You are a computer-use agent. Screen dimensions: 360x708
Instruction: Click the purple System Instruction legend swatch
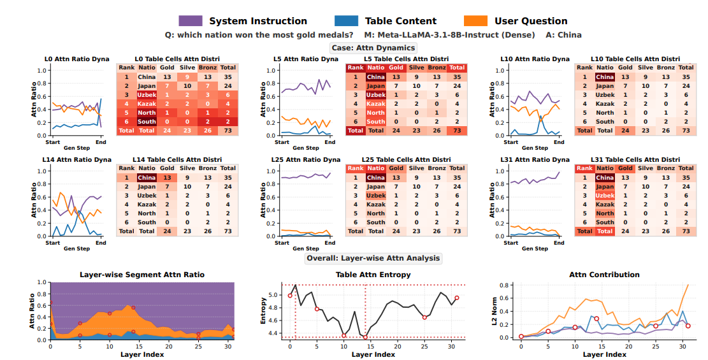(x=191, y=21)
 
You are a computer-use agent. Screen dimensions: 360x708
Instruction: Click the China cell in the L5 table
(x=376, y=77)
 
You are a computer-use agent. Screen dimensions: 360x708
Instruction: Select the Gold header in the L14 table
(x=166, y=169)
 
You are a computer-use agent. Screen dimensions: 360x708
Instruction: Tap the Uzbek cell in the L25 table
(x=376, y=196)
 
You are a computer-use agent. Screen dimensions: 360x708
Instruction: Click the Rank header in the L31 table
(x=585, y=169)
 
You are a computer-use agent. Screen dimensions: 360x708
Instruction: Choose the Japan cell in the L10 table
(x=605, y=86)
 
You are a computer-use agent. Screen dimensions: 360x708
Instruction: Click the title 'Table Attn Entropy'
(x=373, y=275)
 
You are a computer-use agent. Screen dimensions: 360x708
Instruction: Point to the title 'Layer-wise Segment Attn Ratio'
(x=142, y=275)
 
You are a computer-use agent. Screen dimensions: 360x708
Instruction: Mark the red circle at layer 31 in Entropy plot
(x=456, y=298)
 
